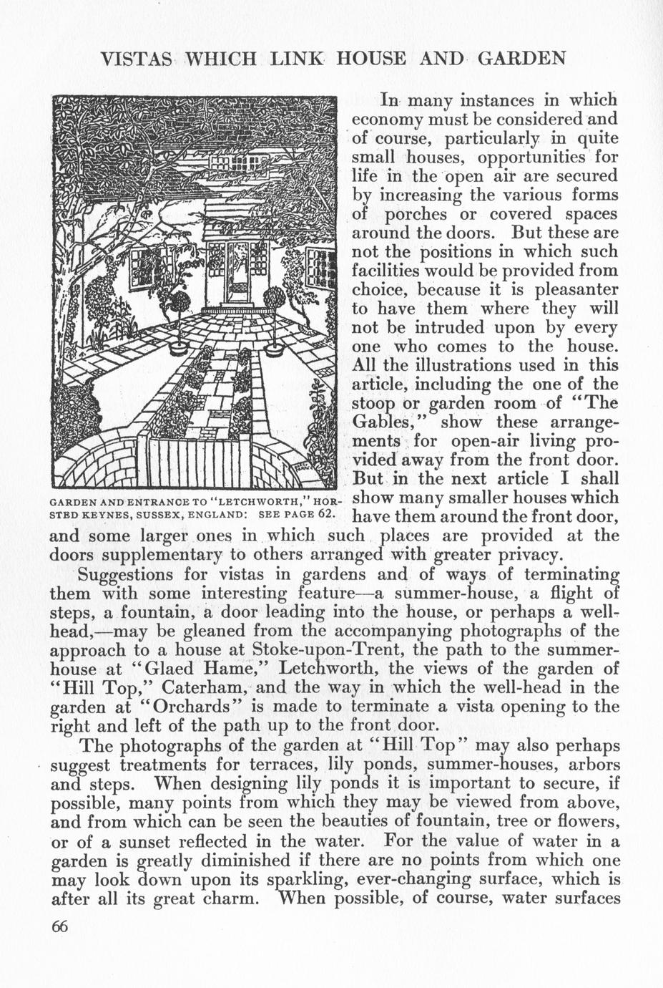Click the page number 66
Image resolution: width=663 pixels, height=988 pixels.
point(59,926)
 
